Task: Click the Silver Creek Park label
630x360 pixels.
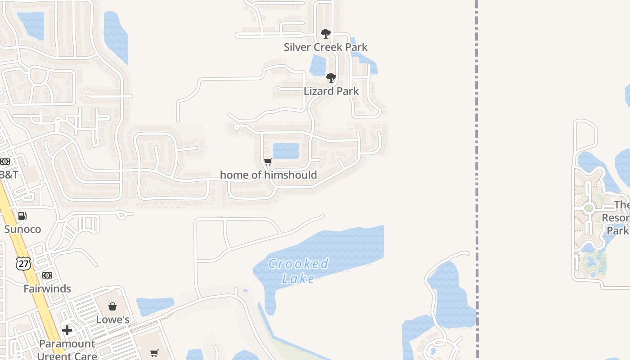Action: (325, 47)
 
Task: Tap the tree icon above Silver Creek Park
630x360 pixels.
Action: (325, 34)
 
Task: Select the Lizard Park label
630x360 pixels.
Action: (331, 91)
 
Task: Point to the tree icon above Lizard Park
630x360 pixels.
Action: (331, 78)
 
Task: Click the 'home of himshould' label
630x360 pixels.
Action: (268, 175)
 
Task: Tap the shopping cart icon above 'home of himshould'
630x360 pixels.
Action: (268, 162)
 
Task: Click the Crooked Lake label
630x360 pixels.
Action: (298, 271)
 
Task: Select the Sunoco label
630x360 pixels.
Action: (22, 229)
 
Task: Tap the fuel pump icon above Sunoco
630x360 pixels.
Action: (22, 216)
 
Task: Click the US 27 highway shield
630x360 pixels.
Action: (23, 263)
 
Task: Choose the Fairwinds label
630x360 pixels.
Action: (47, 288)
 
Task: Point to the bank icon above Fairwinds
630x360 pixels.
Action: (47, 275)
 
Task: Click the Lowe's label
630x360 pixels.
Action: (112, 319)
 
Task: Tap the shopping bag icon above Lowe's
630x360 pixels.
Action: (112, 306)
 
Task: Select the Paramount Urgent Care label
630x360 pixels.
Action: (67, 350)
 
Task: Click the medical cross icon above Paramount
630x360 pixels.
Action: (67, 331)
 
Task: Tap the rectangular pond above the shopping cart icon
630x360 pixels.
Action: (286, 151)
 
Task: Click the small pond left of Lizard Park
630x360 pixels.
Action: (318, 66)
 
